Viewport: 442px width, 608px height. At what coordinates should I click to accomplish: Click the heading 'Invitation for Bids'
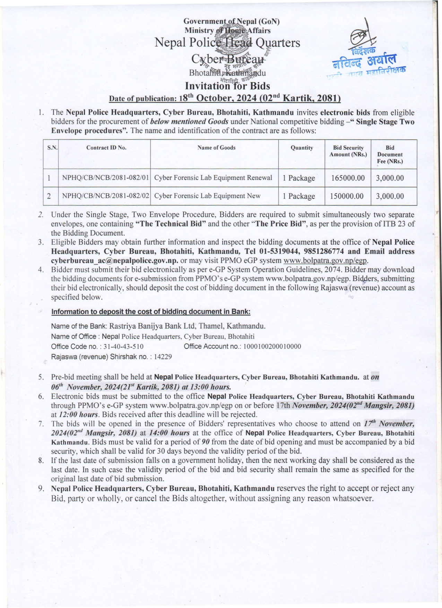click(227, 86)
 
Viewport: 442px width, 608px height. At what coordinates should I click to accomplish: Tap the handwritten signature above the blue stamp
click(361, 35)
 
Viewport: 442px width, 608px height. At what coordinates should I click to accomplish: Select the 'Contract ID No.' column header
click(106, 148)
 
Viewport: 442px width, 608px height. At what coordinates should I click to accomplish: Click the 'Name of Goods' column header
click(216, 148)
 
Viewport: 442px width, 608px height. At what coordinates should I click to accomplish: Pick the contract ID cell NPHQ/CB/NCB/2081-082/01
click(105, 178)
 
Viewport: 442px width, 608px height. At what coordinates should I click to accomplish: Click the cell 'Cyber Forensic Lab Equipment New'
click(207, 196)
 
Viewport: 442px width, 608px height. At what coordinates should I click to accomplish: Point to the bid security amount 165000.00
click(348, 178)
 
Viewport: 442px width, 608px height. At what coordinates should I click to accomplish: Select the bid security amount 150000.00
click(347, 196)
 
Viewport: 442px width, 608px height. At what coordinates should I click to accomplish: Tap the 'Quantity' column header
click(302, 148)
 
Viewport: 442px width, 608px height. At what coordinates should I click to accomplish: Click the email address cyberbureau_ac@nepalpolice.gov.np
click(115, 261)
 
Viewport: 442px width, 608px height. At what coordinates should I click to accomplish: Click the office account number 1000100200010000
click(272, 346)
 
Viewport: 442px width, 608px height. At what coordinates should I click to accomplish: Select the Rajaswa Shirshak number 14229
click(163, 356)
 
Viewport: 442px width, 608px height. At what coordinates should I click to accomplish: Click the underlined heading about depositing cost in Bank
click(151, 311)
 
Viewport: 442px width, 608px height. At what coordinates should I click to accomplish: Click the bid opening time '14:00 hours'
click(169, 433)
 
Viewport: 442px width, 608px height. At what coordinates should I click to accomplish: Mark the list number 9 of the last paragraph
click(41, 488)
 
